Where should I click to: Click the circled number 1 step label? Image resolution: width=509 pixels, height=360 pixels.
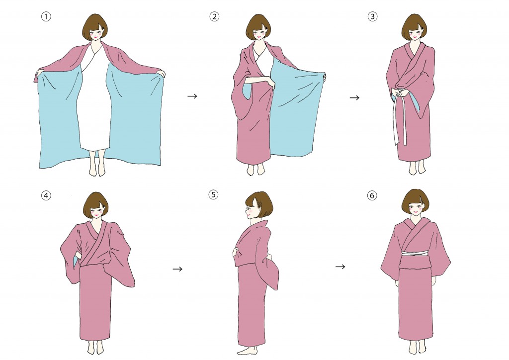46,16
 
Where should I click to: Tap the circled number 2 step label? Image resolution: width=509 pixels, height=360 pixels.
214,16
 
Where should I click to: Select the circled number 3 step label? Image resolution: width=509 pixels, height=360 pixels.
372,16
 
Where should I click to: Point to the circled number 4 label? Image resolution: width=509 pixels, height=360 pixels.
46,195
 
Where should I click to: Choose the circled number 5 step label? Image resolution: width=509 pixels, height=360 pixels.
213,194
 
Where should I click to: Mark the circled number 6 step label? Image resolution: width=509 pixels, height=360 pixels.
372,195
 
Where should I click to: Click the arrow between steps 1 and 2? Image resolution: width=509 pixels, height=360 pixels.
192,96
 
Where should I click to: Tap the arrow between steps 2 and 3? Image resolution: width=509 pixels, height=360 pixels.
354,97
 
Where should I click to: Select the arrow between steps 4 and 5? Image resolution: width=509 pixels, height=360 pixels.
177,269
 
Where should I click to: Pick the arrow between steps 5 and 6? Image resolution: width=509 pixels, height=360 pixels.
340,267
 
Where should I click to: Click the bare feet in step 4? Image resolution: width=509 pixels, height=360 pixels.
95,348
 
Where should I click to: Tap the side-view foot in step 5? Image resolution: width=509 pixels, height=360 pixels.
248,350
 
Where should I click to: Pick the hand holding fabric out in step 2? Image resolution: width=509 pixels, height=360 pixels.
324,77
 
